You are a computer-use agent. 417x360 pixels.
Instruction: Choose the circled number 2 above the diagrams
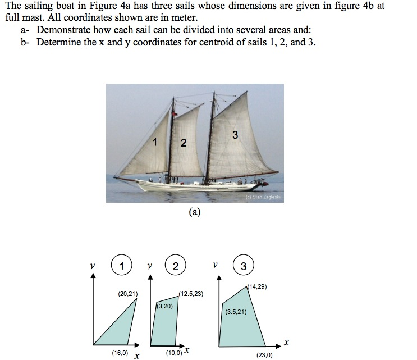point(176,266)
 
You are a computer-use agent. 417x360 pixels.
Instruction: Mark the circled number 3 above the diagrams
point(243,266)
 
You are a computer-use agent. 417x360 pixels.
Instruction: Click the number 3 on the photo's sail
point(235,135)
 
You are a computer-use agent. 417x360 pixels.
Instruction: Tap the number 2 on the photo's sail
point(183,143)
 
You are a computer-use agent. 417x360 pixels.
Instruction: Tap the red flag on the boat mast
point(175,115)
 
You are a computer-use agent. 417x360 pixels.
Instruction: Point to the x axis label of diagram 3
point(287,342)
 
